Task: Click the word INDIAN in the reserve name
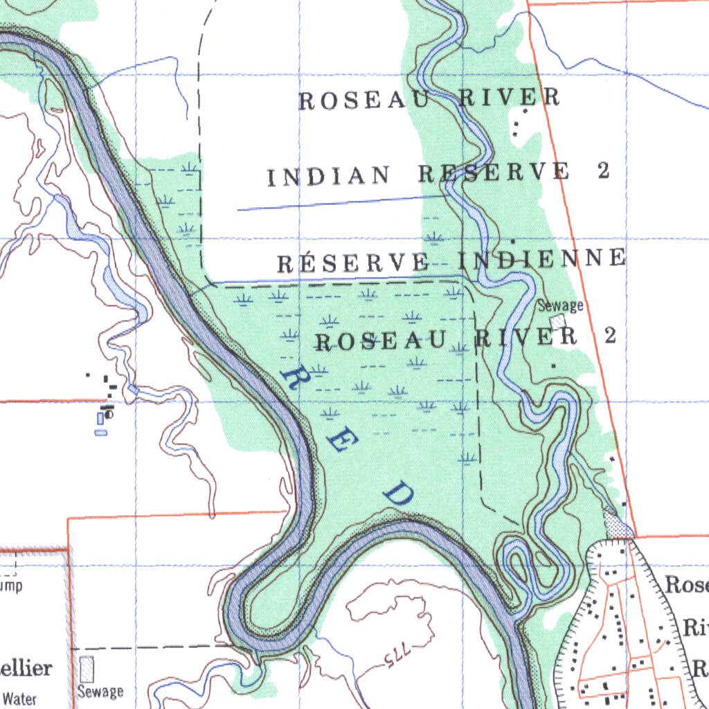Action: coord(328,177)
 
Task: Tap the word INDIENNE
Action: coord(542,259)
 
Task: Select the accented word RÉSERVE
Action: coord(352,264)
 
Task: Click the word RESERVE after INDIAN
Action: coord(495,172)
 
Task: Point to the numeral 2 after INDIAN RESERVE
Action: coord(604,170)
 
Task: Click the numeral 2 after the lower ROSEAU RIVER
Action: coord(609,336)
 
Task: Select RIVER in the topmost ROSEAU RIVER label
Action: coord(510,98)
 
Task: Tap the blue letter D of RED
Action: coord(399,494)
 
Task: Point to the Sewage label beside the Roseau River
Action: coord(561,305)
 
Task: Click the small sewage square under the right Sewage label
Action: coord(558,322)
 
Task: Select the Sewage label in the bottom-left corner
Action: coord(100,691)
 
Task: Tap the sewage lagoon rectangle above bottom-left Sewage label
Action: coord(87,670)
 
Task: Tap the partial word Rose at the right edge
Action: coord(686,585)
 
